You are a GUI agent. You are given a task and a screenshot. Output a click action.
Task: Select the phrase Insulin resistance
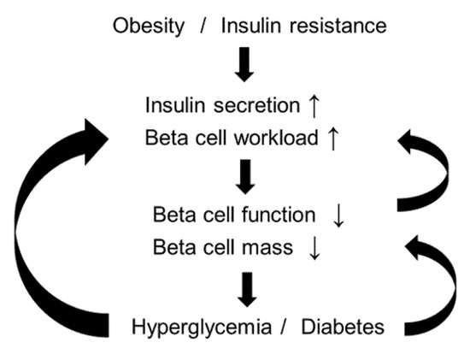[x=303, y=27]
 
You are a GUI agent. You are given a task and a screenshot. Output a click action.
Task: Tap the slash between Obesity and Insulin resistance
[x=203, y=27]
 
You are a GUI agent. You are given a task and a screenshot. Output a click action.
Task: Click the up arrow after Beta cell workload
[x=334, y=136]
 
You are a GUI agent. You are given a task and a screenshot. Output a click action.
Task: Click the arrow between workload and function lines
[x=245, y=175]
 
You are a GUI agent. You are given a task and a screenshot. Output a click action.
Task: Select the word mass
[x=273, y=247]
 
